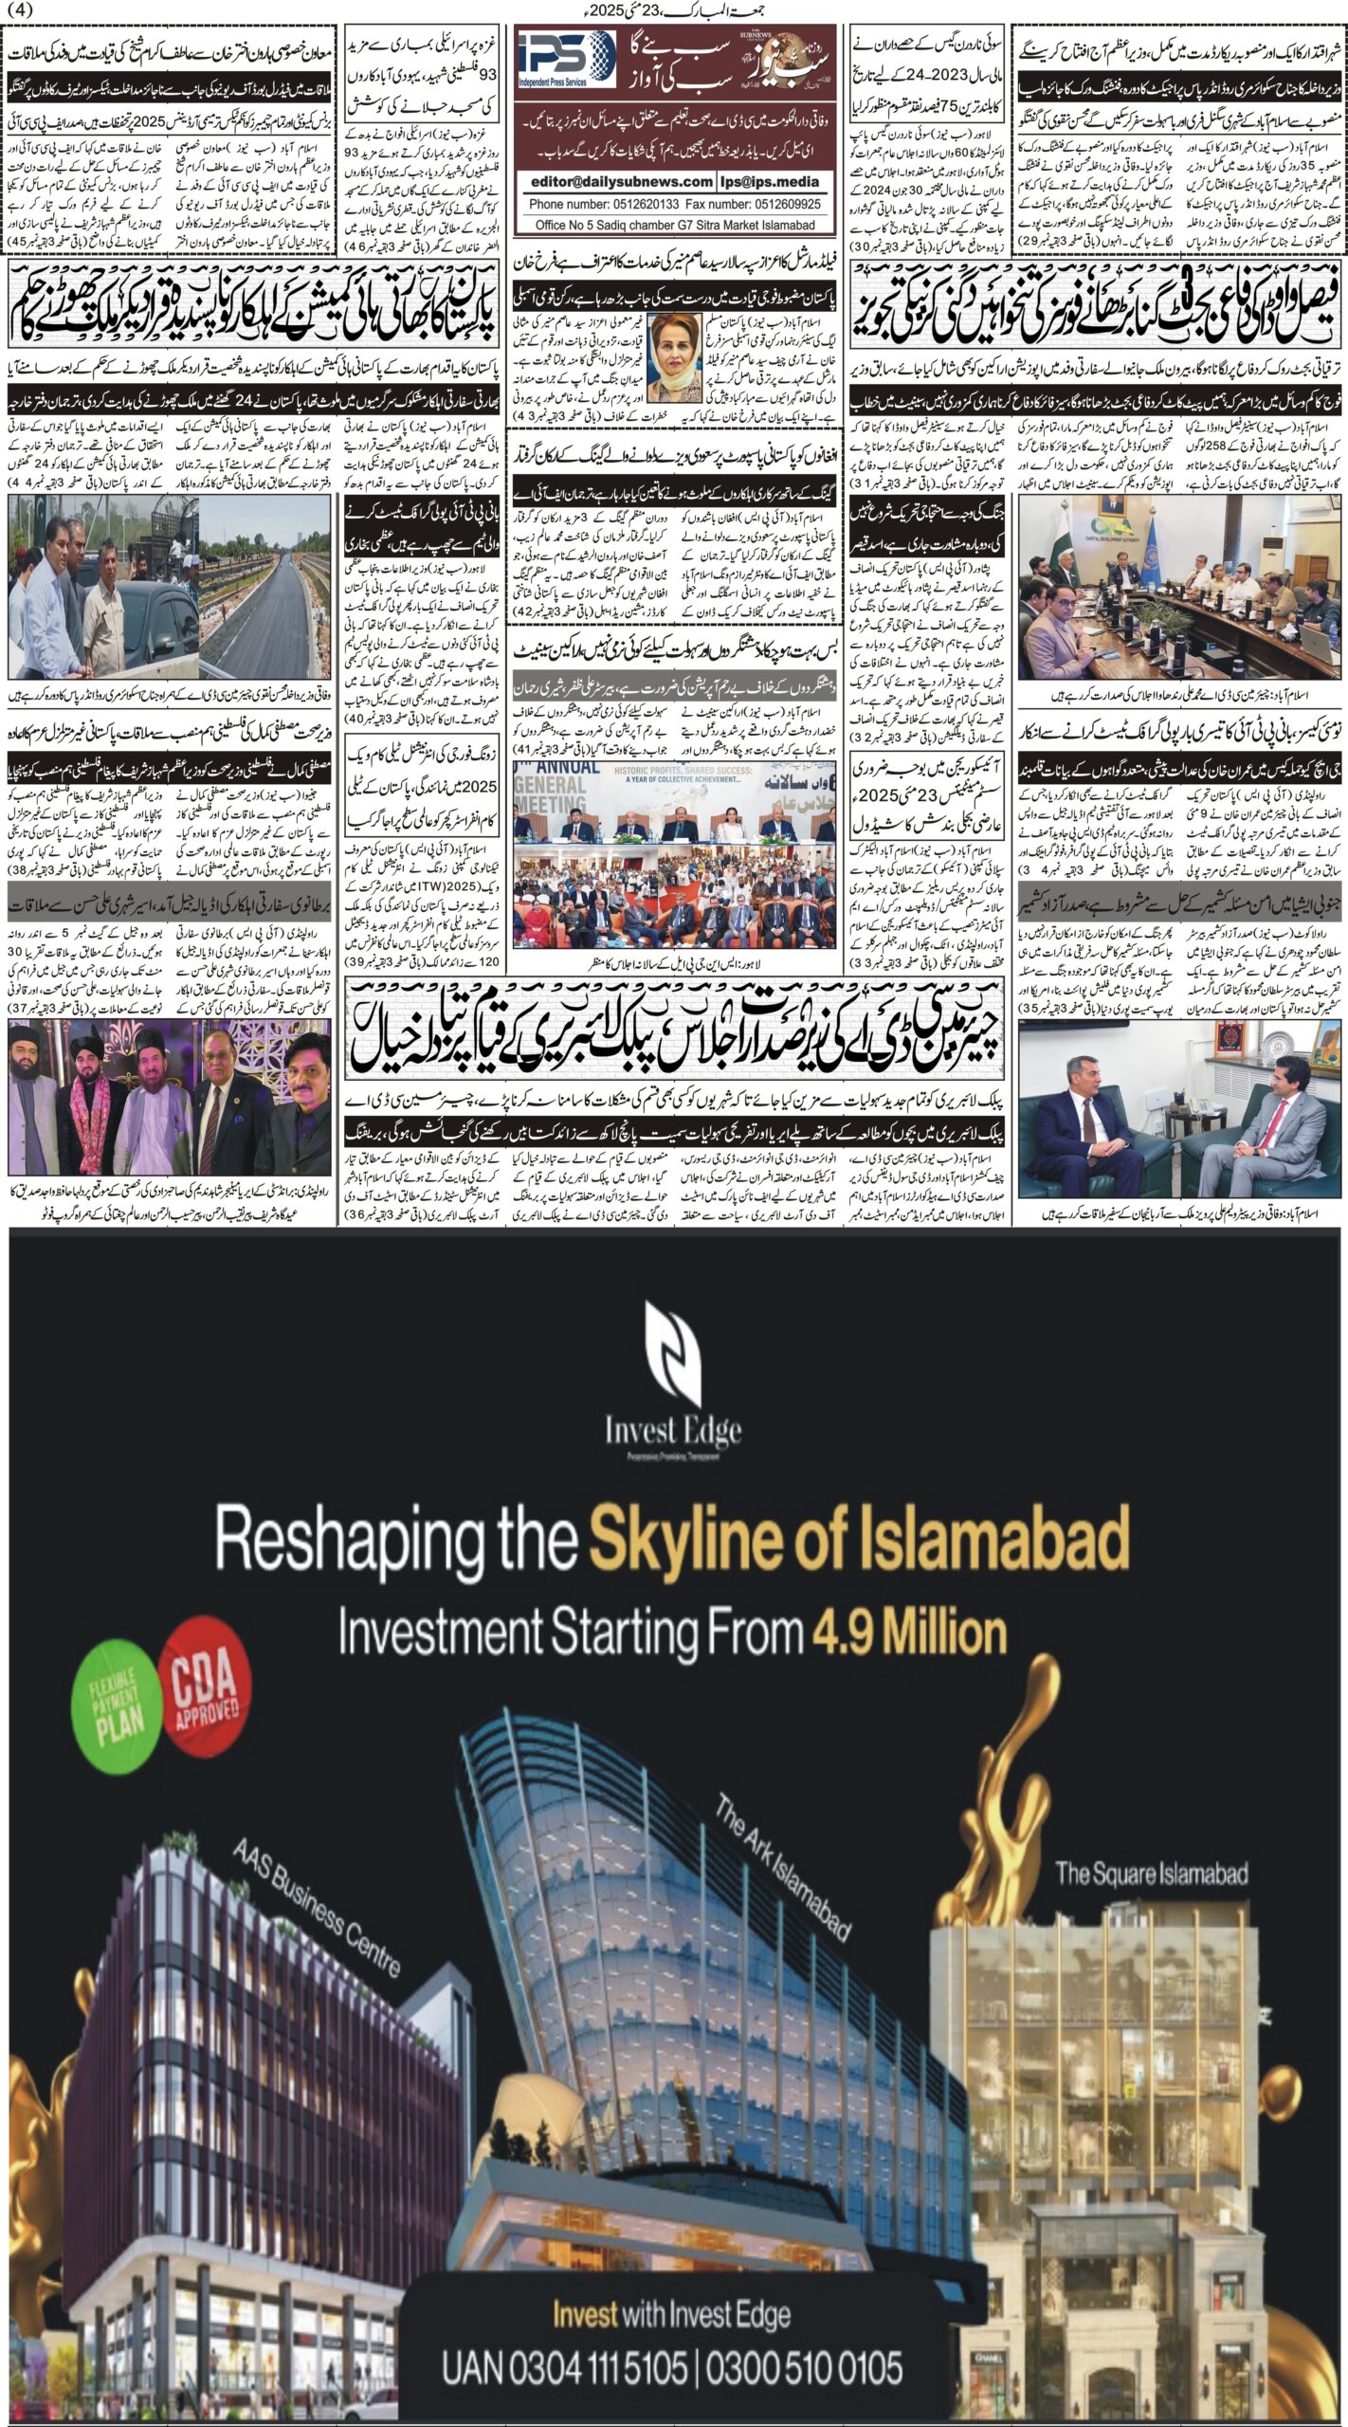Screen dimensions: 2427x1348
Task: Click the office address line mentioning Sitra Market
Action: [674, 225]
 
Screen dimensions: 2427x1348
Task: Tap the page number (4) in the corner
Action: [19, 10]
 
